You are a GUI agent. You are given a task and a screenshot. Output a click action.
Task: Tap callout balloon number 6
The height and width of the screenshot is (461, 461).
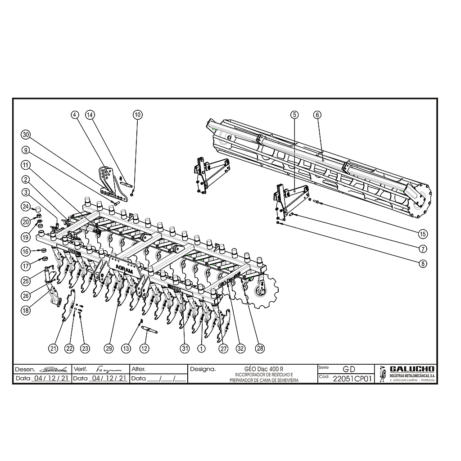[317, 115]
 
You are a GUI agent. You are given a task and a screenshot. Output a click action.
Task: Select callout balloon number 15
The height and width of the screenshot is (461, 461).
[422, 234]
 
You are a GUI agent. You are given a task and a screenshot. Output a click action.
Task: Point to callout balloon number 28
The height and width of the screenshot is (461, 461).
[260, 348]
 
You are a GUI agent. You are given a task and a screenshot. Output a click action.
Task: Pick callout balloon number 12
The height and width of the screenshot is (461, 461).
[144, 348]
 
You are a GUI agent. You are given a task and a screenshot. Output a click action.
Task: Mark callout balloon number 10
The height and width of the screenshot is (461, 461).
[137, 115]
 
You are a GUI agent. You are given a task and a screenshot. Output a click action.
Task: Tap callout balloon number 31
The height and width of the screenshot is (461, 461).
[185, 348]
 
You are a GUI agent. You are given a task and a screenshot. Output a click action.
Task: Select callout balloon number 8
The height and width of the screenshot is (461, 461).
[422, 263]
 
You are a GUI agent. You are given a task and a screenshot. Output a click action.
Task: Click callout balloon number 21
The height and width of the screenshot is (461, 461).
[54, 348]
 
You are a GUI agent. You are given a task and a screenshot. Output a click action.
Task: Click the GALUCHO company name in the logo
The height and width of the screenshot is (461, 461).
[411, 369]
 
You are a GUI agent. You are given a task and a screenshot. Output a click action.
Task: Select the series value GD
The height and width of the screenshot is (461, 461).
[348, 369]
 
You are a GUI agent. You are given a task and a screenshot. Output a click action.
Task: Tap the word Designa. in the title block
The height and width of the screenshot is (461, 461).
[203, 369]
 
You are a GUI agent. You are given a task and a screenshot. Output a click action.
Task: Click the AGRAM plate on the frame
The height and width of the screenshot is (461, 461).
[124, 270]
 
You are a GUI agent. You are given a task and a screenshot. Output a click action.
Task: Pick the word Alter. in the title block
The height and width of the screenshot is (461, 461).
[138, 369]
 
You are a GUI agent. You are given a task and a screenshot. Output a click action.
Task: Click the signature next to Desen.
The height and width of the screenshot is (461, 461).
[53, 369]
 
